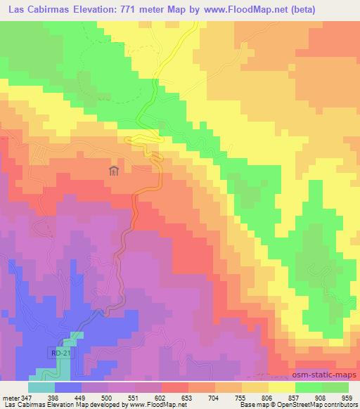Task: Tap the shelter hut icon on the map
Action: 114,170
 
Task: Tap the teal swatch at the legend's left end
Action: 41,388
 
